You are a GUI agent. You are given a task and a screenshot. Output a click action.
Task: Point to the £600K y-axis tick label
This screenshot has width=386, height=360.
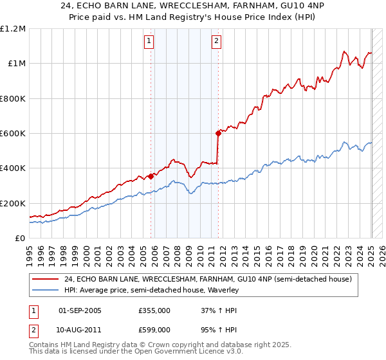pyautogui.click(x=12, y=134)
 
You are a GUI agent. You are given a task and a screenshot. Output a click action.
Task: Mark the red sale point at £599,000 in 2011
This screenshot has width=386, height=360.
pyautogui.click(x=218, y=134)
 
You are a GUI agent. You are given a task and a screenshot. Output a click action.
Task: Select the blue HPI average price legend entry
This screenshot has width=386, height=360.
pyautogui.click(x=151, y=290)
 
